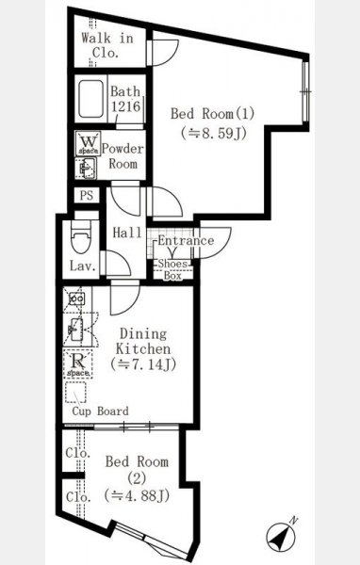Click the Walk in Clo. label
(x=107, y=45)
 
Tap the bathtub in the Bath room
(x=90, y=99)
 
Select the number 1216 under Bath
(x=125, y=106)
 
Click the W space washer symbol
(x=88, y=143)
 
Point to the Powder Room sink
(x=86, y=169)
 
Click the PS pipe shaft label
(x=87, y=196)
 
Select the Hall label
(x=127, y=233)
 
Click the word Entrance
(x=186, y=240)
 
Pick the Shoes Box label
(x=173, y=269)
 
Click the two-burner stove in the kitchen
(x=77, y=299)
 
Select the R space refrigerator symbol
(x=78, y=363)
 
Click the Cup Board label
(x=100, y=412)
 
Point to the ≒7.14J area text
(x=143, y=364)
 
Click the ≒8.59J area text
(x=214, y=134)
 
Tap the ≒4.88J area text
(x=137, y=496)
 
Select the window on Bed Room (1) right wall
(x=306, y=91)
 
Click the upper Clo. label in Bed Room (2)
(x=78, y=453)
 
